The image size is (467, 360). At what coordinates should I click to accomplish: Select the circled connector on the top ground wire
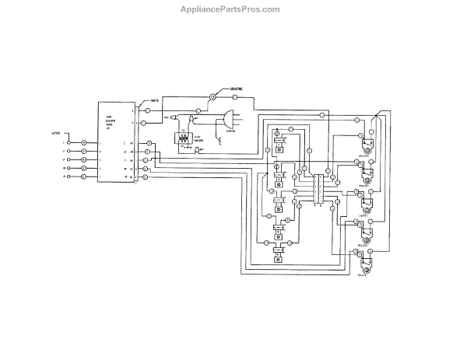click(x=212, y=97)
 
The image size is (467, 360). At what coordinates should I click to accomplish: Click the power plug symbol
click(x=226, y=119)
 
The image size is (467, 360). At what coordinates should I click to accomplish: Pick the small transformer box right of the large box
click(x=184, y=139)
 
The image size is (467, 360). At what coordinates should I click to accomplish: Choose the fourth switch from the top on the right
click(x=365, y=234)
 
